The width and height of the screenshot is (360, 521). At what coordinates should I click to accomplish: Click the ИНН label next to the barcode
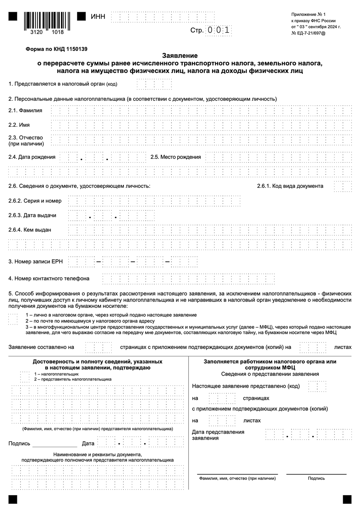click(x=98, y=17)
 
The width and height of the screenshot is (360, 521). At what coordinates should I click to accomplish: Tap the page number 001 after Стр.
click(x=219, y=30)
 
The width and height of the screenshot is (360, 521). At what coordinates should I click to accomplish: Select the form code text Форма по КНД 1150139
click(x=57, y=49)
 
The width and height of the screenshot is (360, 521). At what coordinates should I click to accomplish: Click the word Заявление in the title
click(x=180, y=55)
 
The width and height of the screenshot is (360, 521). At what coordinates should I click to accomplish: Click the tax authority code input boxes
click(x=154, y=84)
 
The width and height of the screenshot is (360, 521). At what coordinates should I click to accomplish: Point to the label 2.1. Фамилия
click(x=25, y=111)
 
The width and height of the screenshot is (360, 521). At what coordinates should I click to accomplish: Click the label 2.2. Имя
click(x=19, y=125)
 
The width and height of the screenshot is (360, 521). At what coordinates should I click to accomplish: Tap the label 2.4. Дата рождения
click(x=32, y=157)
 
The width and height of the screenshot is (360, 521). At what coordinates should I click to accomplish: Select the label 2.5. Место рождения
click(x=175, y=157)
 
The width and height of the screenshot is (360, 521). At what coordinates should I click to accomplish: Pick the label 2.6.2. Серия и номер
click(x=35, y=201)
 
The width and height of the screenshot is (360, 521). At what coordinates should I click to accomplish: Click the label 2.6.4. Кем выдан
click(x=30, y=230)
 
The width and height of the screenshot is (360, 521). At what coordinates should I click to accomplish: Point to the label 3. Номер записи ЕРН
click(x=35, y=261)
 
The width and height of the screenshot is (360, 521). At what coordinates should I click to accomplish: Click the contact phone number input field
click(x=189, y=279)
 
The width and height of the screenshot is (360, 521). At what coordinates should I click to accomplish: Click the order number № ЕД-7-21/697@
click(x=308, y=33)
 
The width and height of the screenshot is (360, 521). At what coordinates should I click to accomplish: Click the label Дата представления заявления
click(x=218, y=435)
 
